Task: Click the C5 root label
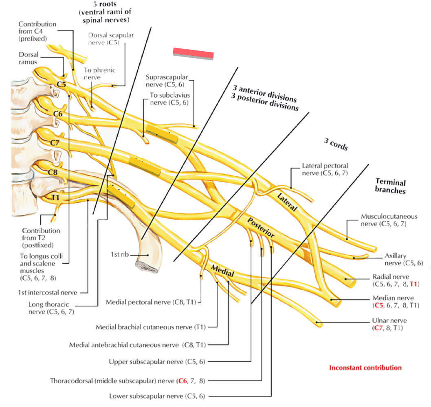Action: pos(61,85)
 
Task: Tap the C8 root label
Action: pos(53,172)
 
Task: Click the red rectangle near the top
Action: pos(194,54)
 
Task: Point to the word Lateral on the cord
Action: pos(287,202)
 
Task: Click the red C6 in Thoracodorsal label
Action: pos(182,381)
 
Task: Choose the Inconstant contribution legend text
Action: pos(365,368)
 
